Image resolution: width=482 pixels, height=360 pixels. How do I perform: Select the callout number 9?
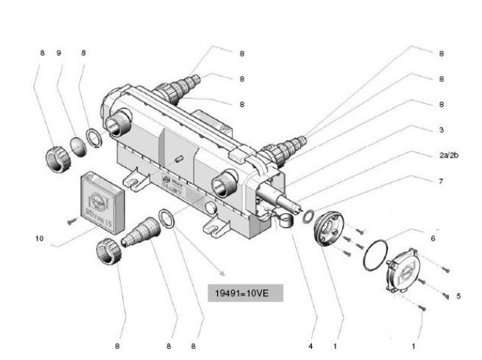tap(59, 53)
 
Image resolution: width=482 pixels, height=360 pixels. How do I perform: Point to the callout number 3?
tap(442, 130)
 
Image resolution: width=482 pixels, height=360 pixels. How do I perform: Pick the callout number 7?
tap(442, 180)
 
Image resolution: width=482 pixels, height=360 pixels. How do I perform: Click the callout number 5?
tap(459, 296)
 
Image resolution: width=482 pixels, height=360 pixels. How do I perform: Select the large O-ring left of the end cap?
tap(377, 254)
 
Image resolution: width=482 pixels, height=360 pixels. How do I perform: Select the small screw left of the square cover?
tap(71, 218)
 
